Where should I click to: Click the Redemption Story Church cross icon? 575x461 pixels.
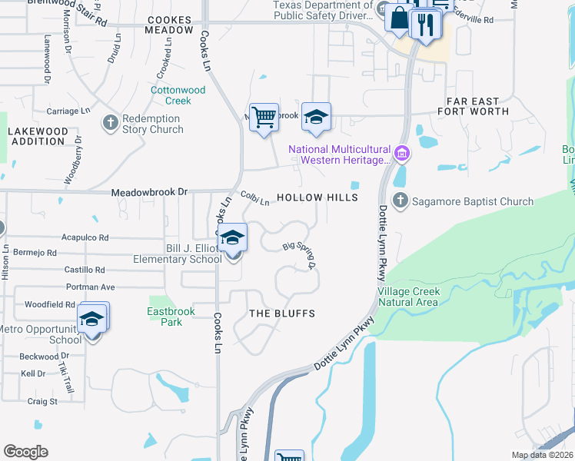(111, 121)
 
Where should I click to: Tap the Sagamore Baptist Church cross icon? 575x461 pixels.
(400, 201)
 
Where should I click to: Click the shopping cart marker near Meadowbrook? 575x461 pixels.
(264, 118)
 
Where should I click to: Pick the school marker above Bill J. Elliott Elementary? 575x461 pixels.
(231, 239)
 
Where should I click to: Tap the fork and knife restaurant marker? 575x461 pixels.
(424, 25)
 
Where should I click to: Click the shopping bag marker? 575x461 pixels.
(399, 19)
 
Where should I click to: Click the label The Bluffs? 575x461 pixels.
(282, 313)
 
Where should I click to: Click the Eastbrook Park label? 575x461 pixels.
(171, 317)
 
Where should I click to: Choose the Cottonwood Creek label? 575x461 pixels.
(178, 95)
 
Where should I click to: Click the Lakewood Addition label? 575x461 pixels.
(37, 136)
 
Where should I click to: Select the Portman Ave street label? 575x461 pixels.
(90, 287)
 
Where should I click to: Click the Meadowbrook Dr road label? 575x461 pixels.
(149, 192)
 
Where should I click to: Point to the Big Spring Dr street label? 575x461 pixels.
(301, 254)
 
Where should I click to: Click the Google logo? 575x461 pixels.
(25, 452)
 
